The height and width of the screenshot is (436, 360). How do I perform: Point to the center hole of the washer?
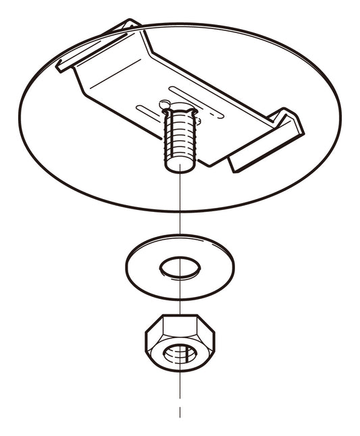180,267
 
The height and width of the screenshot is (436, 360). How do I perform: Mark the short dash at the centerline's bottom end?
180,412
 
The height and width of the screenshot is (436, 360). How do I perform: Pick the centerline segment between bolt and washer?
180,202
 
